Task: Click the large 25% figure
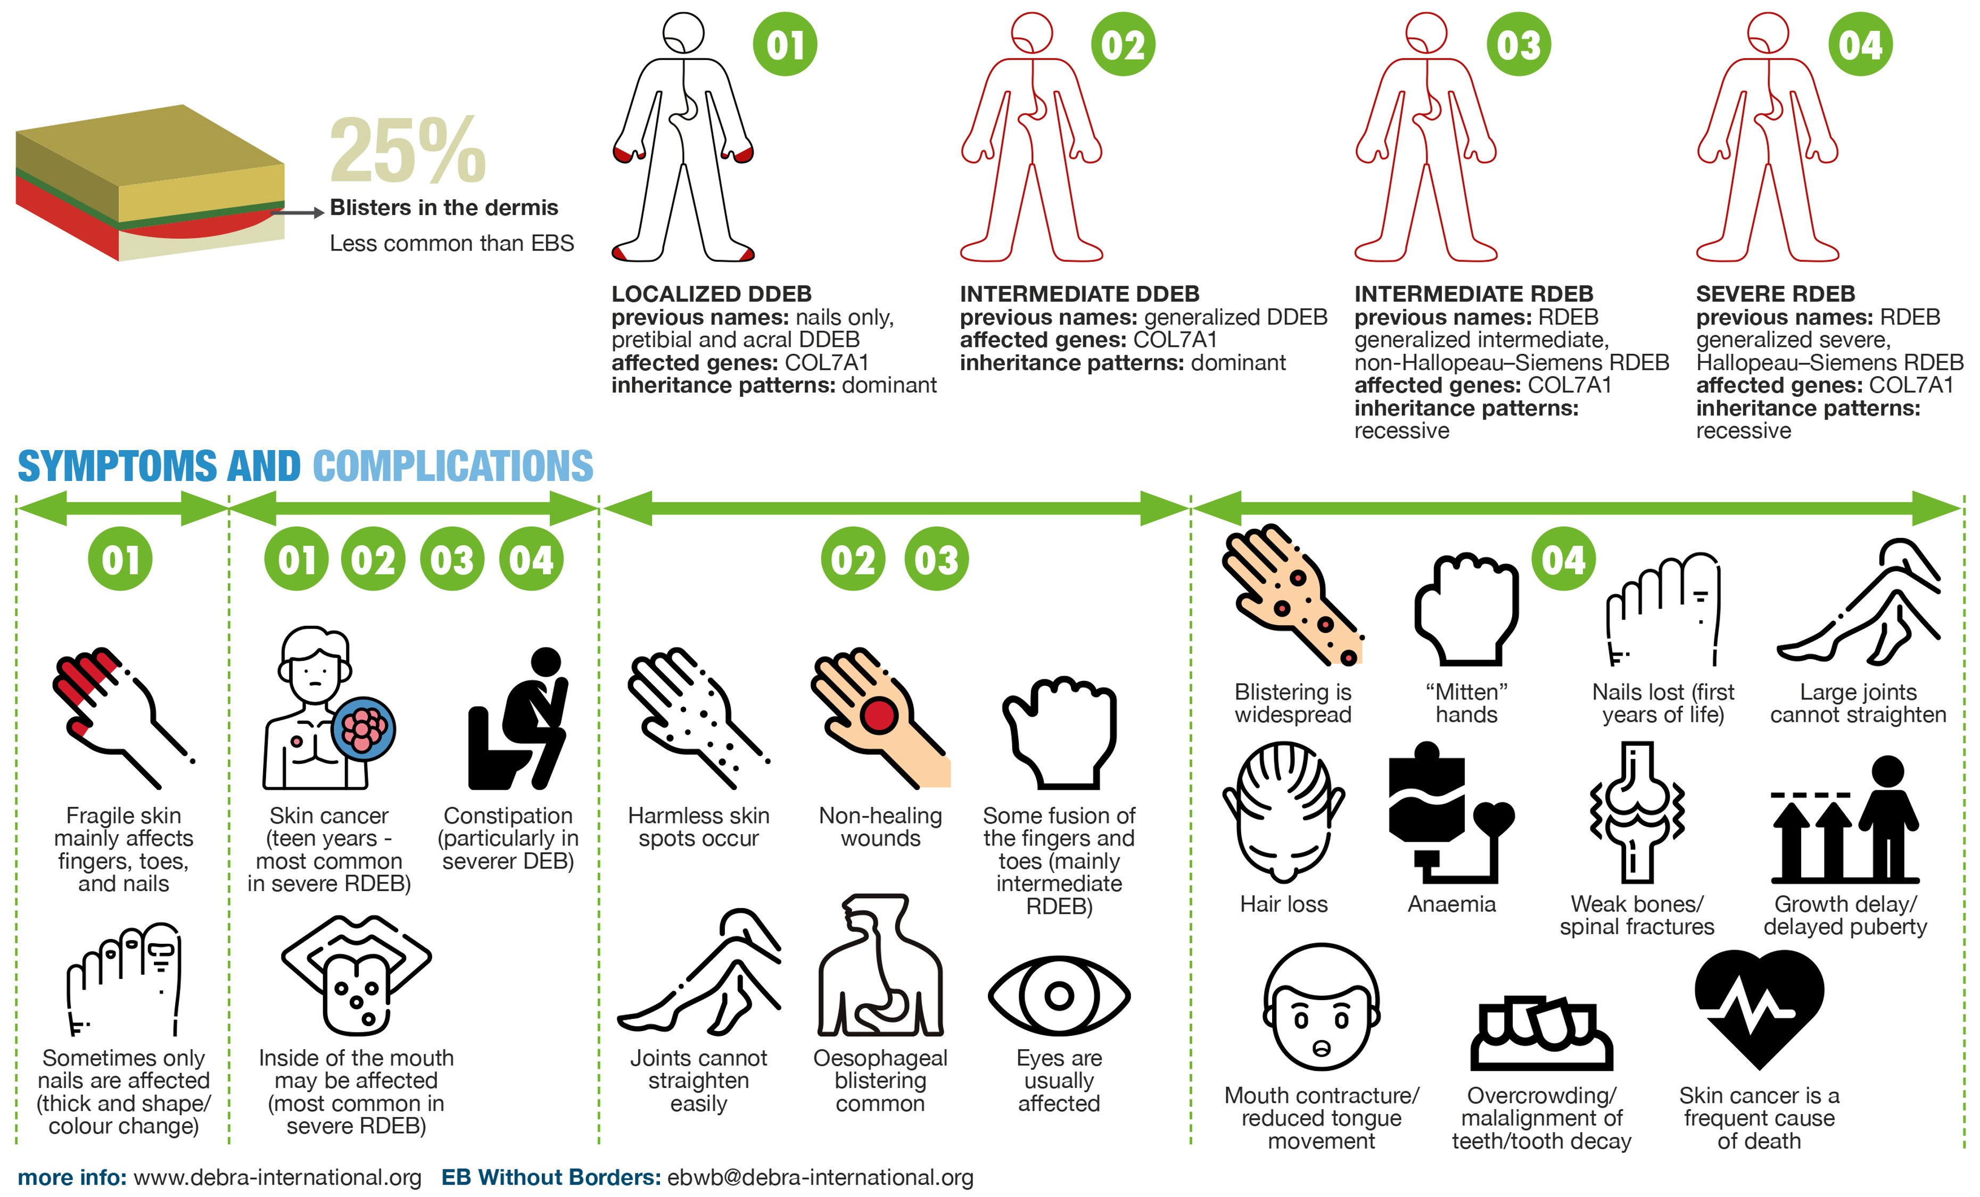point(408,150)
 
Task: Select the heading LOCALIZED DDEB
point(711,294)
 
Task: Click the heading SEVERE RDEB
point(1775,294)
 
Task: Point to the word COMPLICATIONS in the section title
point(453,466)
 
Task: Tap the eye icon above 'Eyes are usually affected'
point(1059,996)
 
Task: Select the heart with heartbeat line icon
point(1759,1008)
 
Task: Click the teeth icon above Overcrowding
point(1541,1034)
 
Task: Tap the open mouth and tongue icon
point(356,975)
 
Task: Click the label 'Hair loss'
point(1283,904)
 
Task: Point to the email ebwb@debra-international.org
point(820,1178)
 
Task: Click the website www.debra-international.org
point(277,1178)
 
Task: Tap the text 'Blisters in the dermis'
point(443,207)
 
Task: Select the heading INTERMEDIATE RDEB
point(1474,294)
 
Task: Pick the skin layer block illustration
point(150,183)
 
